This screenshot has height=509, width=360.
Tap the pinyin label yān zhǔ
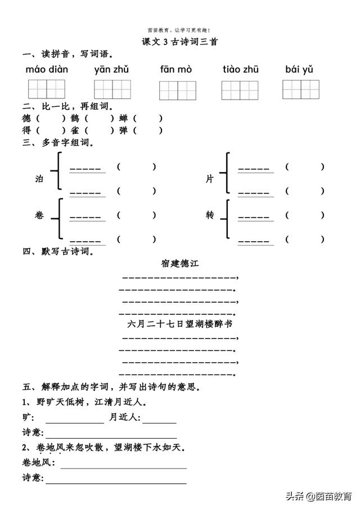click(112, 70)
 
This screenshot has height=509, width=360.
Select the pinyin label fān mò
click(176, 70)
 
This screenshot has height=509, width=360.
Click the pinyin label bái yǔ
click(299, 70)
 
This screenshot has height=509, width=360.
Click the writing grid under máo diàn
click(47, 89)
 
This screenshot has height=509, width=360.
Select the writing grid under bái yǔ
click(300, 89)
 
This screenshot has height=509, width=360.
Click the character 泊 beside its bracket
click(39, 179)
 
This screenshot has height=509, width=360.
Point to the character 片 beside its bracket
click(210, 179)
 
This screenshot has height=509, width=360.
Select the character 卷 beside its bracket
click(39, 215)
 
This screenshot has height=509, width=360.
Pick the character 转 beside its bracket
click(210, 215)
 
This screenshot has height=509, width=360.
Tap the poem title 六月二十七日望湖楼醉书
click(180, 325)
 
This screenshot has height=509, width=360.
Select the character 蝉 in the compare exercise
click(123, 119)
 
